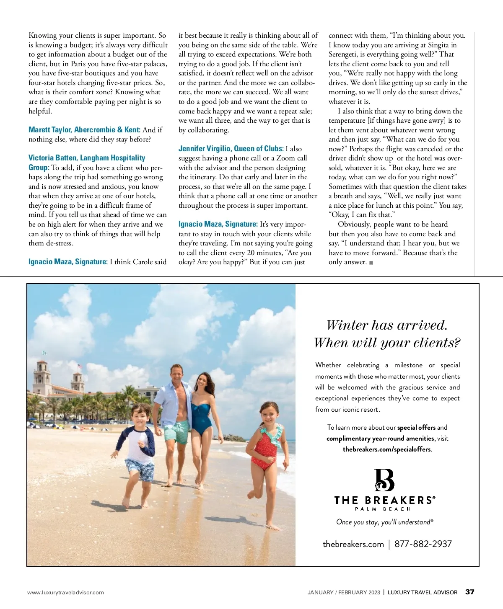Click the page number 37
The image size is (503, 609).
(469, 592)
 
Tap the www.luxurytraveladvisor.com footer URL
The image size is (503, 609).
(65, 592)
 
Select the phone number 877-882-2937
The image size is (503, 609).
(423, 544)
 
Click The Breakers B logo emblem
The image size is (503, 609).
(384, 480)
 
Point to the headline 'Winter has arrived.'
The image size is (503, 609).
(387, 325)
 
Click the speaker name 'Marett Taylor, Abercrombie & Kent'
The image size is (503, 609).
(84, 130)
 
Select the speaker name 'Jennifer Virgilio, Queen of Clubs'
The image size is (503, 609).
(231, 149)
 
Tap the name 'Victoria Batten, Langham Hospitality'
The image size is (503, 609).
(87, 158)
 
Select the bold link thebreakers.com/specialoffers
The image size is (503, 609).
(386, 449)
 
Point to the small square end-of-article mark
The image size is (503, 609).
(371, 263)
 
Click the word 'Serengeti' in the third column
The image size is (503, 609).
(343, 54)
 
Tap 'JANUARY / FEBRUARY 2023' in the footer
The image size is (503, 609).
(344, 592)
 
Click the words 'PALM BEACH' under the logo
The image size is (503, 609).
(383, 509)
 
